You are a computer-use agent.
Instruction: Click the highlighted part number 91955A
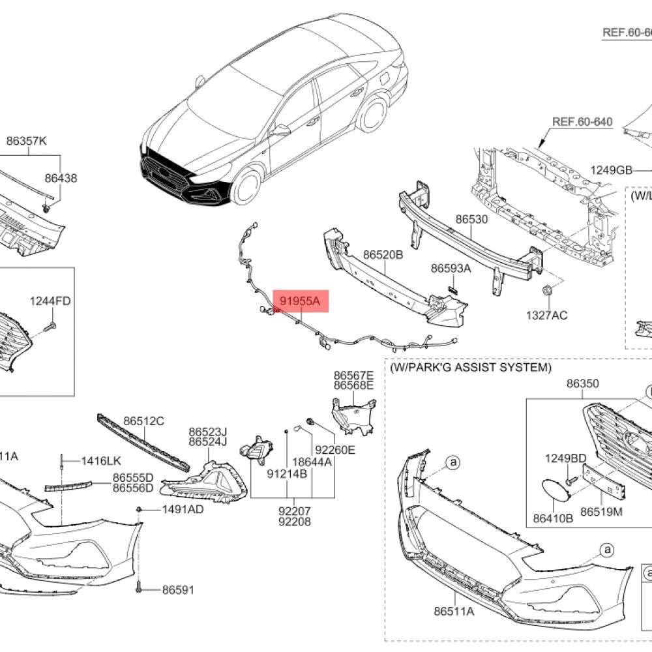[301, 301]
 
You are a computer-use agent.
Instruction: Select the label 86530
[471, 220]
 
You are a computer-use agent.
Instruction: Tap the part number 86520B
[383, 255]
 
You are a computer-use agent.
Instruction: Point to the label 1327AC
[546, 316]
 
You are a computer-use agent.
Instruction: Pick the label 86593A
[451, 268]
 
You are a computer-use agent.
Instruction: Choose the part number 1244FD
[50, 301]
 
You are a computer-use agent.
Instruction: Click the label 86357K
[27, 140]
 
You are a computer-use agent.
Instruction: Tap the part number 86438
[61, 177]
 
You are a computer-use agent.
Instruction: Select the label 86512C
[144, 421]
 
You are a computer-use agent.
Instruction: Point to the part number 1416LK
[101, 461]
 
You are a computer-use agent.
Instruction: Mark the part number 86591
[179, 590]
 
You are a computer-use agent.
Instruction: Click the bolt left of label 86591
[141, 589]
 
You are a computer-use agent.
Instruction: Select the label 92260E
[335, 450]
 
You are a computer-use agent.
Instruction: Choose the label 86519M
[601, 512]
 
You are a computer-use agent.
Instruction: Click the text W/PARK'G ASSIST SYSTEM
[470, 368]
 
